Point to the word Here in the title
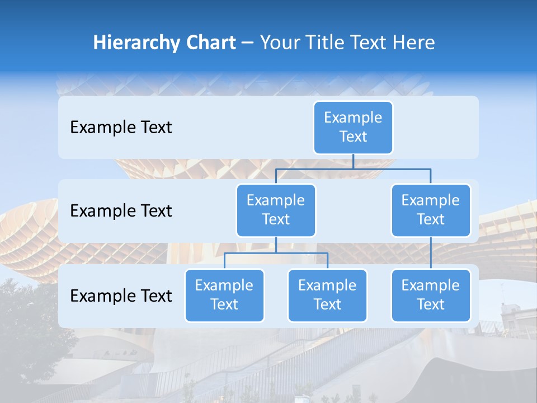(413, 43)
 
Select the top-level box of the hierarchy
(353, 127)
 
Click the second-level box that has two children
(276, 210)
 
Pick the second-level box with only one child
(431, 210)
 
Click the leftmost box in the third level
(224, 295)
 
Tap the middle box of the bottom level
(327, 295)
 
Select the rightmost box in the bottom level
(431, 295)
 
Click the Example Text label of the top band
(121, 128)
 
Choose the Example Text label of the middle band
(121, 211)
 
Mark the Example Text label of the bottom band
(121, 296)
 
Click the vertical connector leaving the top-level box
(353, 161)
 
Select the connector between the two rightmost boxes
(431, 252)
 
